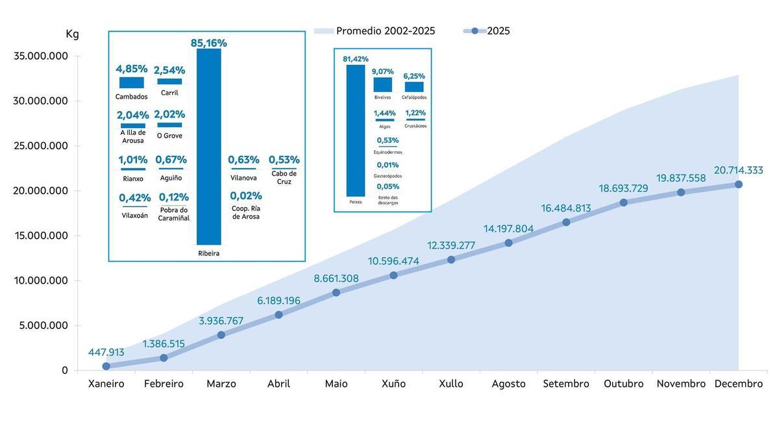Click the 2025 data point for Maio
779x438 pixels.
coord(336,293)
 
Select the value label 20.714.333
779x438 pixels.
coord(738,170)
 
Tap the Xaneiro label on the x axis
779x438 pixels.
coord(106,383)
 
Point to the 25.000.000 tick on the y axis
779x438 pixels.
coord(41,145)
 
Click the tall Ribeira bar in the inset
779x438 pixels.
coord(208,146)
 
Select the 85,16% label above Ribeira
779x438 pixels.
coord(208,43)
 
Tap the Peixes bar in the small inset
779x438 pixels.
coord(355,130)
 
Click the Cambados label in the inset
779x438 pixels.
coord(131,97)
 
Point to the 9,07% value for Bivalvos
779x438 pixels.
coord(383,71)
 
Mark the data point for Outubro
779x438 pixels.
coord(624,202)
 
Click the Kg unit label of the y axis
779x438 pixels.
coord(72,34)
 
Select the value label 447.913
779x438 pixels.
coord(106,352)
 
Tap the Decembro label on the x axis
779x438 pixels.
coord(738,383)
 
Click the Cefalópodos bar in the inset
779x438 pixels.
coord(414,87)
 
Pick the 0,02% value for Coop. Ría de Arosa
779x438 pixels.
coord(246,195)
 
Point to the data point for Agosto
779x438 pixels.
coord(508,243)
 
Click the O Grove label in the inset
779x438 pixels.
coord(169,136)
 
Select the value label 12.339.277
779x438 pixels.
coord(451,245)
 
